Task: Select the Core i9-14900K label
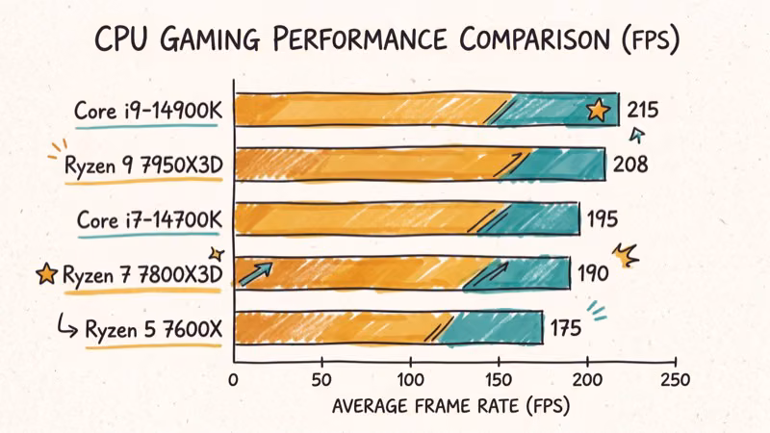(148, 111)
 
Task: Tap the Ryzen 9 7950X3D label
(143, 166)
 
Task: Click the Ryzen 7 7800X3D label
(142, 275)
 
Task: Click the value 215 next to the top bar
(643, 110)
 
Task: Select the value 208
(629, 165)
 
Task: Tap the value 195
(603, 219)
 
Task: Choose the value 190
(593, 274)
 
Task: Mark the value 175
(565, 329)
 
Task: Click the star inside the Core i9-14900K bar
(598, 112)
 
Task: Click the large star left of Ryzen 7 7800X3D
(45, 275)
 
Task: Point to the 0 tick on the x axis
(233, 380)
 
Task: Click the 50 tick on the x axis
(321, 380)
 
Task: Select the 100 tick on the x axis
(410, 380)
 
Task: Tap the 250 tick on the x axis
(676, 380)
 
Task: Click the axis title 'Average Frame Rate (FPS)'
(450, 406)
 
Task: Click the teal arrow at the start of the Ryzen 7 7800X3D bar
(256, 273)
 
